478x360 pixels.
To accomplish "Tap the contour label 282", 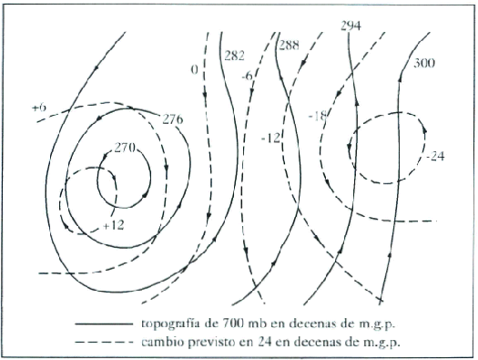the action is click(235, 56).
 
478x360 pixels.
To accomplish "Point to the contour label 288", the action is click(290, 45).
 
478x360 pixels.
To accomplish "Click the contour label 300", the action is click(423, 63).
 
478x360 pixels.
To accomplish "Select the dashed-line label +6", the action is click(38, 108).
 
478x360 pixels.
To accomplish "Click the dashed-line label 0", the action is click(194, 69).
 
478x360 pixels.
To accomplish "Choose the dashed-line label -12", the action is click(270, 137).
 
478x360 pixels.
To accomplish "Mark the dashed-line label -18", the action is click(318, 116).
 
